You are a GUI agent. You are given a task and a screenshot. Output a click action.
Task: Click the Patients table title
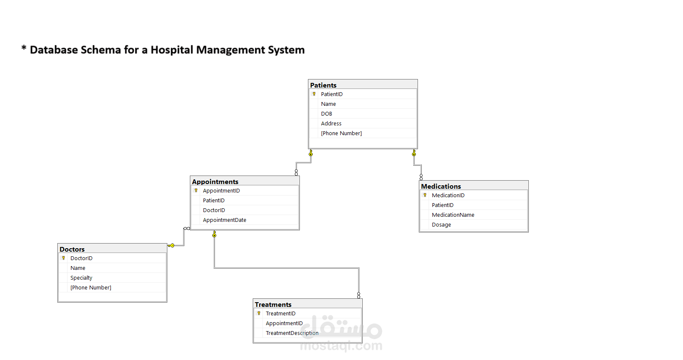pos(323,85)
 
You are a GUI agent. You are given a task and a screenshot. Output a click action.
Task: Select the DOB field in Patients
pos(326,114)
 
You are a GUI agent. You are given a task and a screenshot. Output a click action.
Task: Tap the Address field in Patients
pos(331,124)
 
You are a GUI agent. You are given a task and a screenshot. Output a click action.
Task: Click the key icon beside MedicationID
pos(425,195)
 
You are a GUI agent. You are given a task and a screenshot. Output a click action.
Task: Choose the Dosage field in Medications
pos(441,225)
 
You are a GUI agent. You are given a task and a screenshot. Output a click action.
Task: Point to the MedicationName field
pos(453,215)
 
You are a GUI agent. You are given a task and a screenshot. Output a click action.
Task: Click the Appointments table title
pos(215,181)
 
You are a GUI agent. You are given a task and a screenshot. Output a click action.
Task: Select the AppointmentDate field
pos(224,220)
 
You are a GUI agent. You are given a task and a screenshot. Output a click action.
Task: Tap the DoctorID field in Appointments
pos(214,210)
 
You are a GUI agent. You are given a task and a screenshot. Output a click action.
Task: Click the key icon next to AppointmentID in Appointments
pos(196,191)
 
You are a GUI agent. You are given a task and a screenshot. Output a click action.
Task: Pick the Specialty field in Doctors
pos(81,278)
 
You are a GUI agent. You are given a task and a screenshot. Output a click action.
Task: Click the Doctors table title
pos(72,249)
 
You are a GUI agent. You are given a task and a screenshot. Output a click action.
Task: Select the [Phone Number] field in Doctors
pos(90,288)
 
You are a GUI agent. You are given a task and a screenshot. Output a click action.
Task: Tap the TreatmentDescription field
pos(292,333)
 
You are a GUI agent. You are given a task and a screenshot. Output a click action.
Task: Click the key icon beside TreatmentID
pos(259,313)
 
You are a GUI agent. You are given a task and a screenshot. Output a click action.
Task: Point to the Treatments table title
pos(273,304)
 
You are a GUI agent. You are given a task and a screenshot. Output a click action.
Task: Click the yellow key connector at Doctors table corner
pos(171,246)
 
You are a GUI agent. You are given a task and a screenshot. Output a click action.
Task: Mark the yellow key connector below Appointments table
pos(214,234)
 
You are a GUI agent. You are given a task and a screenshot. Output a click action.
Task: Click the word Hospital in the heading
pos(172,50)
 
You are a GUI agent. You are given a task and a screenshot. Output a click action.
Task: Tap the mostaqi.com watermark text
pos(341,346)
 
